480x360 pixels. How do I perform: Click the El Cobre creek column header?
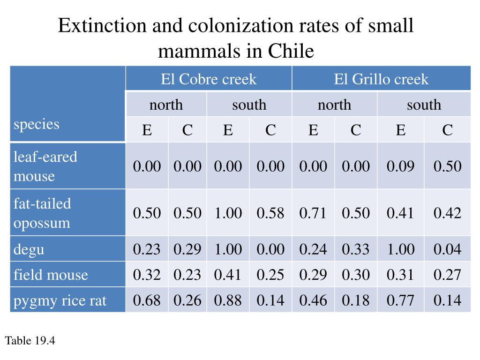point(209,79)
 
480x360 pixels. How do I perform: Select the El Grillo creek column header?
point(381,79)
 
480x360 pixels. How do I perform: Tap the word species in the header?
point(37,124)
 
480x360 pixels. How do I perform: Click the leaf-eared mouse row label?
point(45,166)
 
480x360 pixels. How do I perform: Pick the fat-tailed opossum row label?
point(42,213)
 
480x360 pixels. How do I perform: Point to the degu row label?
point(29,249)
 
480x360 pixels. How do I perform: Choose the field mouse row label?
point(51,274)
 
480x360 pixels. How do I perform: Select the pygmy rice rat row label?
point(60,300)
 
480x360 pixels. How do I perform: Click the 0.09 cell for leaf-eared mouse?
point(400,166)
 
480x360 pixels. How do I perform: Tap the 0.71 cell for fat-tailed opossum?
point(313,213)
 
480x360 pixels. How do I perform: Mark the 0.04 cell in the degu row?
point(447,249)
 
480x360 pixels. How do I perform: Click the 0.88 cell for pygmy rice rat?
point(228,300)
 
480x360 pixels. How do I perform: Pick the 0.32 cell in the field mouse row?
point(147,274)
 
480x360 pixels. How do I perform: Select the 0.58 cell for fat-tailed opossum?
point(270,213)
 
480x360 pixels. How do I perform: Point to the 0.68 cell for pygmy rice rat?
point(147,300)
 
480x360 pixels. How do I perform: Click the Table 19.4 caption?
point(30,341)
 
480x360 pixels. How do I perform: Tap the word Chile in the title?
point(290,51)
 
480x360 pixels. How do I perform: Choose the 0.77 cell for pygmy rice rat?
point(400,300)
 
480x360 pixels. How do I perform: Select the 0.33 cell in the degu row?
point(356,249)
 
